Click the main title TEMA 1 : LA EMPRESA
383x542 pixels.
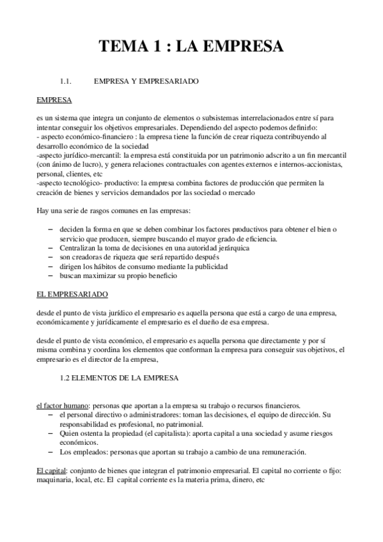coord(191,47)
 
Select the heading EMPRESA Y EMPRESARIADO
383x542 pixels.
coord(146,82)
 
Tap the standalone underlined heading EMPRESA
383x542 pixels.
coord(54,100)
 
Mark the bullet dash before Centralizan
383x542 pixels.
coord(51,247)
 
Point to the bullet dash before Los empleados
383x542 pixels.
coord(51,451)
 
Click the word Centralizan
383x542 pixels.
coord(79,247)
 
